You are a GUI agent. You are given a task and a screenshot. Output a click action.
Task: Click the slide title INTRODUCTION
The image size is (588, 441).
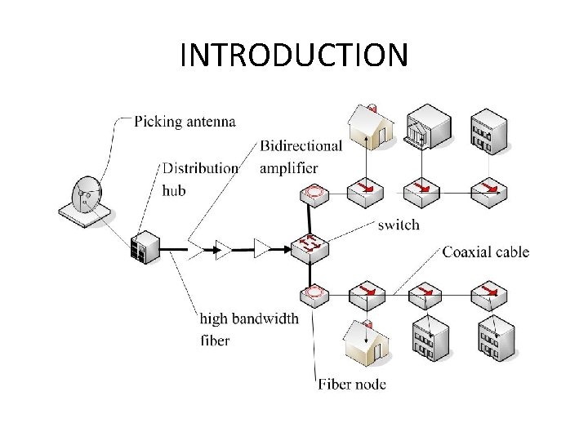293,56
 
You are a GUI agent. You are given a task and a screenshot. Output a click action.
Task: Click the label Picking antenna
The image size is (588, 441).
185,122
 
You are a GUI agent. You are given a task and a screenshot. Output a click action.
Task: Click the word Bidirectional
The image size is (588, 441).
301,146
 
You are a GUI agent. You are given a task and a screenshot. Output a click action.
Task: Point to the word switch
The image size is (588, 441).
398,225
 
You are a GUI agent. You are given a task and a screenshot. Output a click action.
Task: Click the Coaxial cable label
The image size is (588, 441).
485,251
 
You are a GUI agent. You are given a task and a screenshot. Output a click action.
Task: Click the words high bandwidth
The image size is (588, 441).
249,318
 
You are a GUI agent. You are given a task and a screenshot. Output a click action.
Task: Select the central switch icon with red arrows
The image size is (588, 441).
309,244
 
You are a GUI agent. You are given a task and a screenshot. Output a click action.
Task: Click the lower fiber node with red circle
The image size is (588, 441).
313,292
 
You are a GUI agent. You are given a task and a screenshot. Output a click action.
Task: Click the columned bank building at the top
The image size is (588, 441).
427,127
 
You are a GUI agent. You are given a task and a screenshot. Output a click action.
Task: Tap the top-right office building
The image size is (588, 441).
488,130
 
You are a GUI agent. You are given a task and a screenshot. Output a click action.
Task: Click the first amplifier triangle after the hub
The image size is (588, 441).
222,247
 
